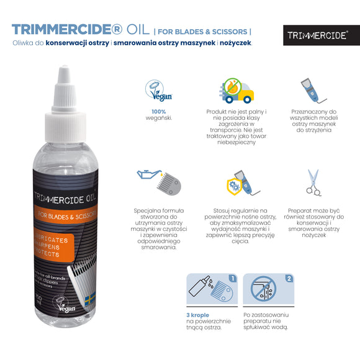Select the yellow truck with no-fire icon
237,90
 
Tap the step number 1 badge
233,279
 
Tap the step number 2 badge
289,279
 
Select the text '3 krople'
198,314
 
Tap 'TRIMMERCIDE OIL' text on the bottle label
62,198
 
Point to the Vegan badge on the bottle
66,305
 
